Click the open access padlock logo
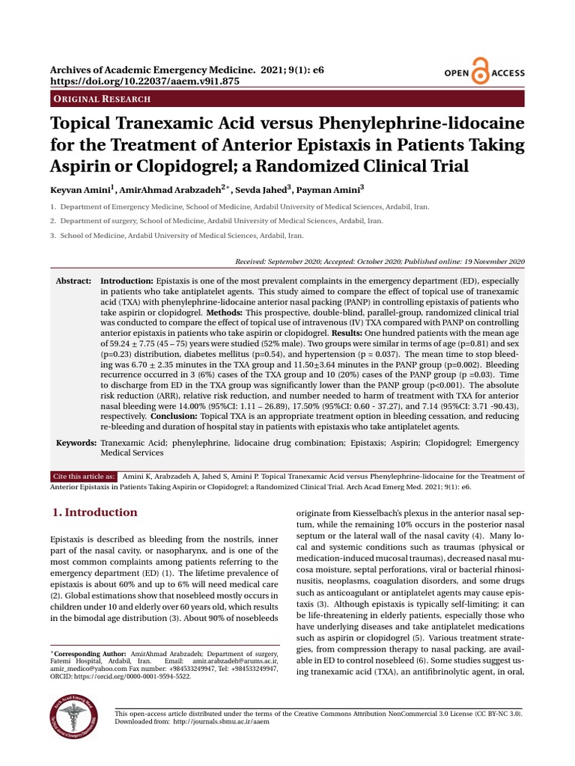coord(480,73)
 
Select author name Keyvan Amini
coord(80,191)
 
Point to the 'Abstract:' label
coord(73,280)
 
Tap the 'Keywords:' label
coord(76,444)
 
